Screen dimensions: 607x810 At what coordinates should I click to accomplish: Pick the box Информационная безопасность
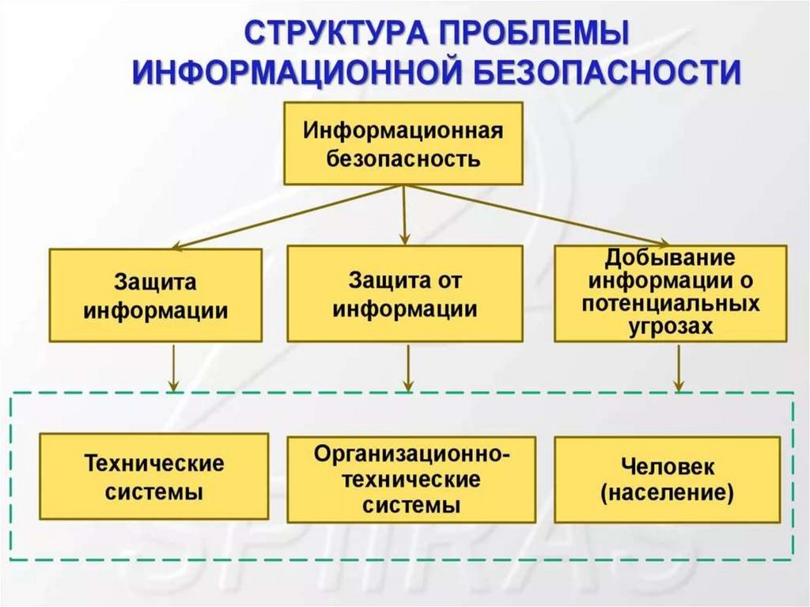pyautogui.click(x=403, y=143)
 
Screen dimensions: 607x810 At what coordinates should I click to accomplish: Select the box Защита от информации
pyautogui.click(x=404, y=294)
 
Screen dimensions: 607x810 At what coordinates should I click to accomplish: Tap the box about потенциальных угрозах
pyautogui.click(x=671, y=293)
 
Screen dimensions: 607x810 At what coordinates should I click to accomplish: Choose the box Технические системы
pyautogui.click(x=154, y=476)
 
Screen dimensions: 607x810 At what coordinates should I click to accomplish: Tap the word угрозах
pyautogui.click(x=670, y=327)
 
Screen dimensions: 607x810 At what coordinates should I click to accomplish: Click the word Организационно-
pyautogui.click(x=411, y=454)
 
